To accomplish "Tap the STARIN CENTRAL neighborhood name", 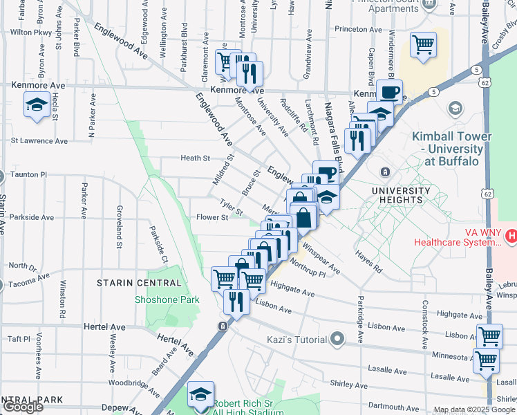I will (x=139, y=283).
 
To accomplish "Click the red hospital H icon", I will (x=511, y=237).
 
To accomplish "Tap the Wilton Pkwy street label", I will (x=31, y=32).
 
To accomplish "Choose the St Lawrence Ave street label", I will (x=39, y=140).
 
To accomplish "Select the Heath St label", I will (x=195, y=158).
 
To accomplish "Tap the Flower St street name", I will (x=211, y=218).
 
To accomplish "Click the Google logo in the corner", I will (x=22, y=407).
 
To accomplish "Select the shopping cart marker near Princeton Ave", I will (x=422, y=45).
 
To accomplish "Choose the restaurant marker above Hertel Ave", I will (x=236, y=302).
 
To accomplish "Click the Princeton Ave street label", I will (x=357, y=30).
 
